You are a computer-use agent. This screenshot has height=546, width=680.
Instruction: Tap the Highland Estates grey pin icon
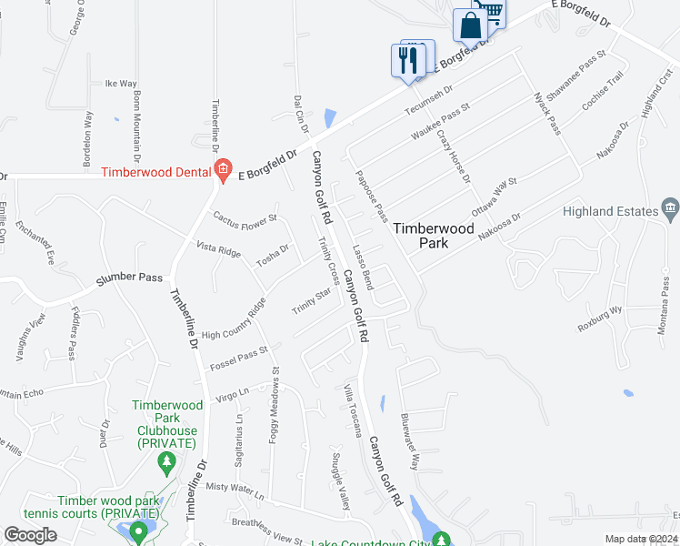pyautogui.click(x=671, y=209)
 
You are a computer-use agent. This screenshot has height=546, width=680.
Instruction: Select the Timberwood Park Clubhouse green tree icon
pyautogui.click(x=165, y=465)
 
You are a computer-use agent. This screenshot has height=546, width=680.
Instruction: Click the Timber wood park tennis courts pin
pyautogui.click(x=138, y=531)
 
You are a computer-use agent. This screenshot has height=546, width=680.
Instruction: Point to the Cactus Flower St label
pyautogui.click(x=245, y=219)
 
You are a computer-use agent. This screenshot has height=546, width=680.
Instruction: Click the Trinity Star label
pyautogui.click(x=310, y=301)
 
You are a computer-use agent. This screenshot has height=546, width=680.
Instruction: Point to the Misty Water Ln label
pyautogui.click(x=234, y=492)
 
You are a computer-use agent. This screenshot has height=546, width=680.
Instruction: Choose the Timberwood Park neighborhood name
pyautogui.click(x=434, y=236)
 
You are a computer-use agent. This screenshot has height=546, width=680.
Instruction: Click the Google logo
pyautogui.click(x=30, y=535)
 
